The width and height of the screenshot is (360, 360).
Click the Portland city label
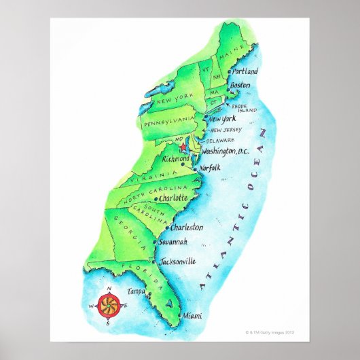(x=245, y=71)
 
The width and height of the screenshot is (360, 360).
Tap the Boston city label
(x=241, y=85)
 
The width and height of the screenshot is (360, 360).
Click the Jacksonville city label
(x=179, y=261)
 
